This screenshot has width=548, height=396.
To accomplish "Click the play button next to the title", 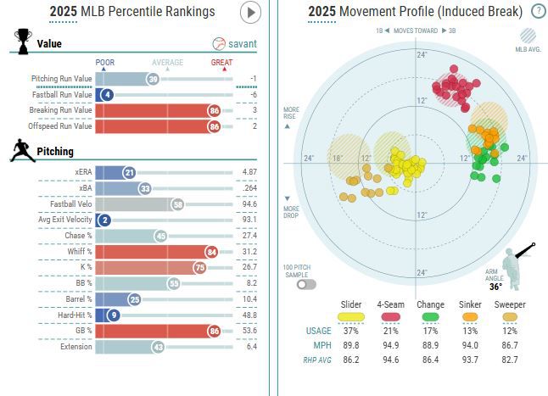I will (x=250, y=12).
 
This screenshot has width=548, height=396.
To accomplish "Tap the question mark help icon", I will (x=538, y=11).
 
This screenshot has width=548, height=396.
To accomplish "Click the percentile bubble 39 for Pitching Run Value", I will (x=153, y=79).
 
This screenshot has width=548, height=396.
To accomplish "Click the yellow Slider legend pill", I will (x=350, y=315).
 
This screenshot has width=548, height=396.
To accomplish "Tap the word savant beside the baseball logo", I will (x=243, y=43).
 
